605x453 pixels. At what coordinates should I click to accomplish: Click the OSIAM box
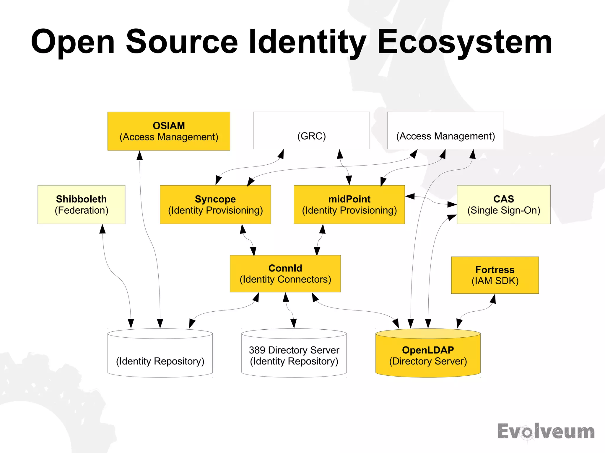(169, 131)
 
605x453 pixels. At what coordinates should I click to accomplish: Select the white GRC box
(311, 130)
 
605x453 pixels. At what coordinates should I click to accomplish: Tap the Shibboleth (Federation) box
(81, 205)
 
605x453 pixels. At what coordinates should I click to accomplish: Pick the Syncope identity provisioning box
(215, 205)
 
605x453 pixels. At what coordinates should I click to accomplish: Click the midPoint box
(349, 205)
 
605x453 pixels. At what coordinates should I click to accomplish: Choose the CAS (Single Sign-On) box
(503, 205)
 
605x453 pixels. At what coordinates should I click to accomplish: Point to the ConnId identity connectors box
(285, 274)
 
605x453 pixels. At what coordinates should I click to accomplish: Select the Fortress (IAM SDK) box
(495, 275)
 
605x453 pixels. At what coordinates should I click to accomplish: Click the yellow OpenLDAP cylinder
(428, 355)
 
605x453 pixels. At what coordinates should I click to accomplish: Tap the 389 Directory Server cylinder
(294, 355)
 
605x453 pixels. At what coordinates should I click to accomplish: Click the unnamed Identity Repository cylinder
(160, 355)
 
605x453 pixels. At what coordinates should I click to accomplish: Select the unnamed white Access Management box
(445, 130)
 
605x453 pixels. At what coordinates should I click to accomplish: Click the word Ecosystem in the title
(464, 42)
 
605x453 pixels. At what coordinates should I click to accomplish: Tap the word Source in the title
(182, 42)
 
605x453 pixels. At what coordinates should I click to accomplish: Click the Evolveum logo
(546, 431)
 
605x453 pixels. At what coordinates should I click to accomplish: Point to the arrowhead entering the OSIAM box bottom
(140, 155)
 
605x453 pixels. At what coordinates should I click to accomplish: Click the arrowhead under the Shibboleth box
(102, 229)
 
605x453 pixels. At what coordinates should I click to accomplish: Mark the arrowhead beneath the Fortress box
(493, 299)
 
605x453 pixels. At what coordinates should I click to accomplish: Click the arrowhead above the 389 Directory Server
(294, 323)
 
